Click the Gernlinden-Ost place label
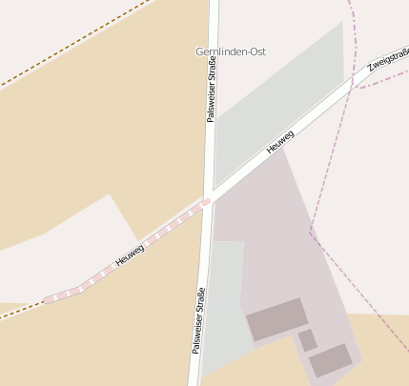tap(230, 51)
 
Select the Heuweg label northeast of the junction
tap(280, 143)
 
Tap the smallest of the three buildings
tap(307, 340)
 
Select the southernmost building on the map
tap(331, 360)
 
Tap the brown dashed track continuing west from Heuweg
tap(19, 312)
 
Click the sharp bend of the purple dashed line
tap(311, 232)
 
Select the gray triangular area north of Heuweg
tap(286, 95)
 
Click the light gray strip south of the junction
tap(225, 295)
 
